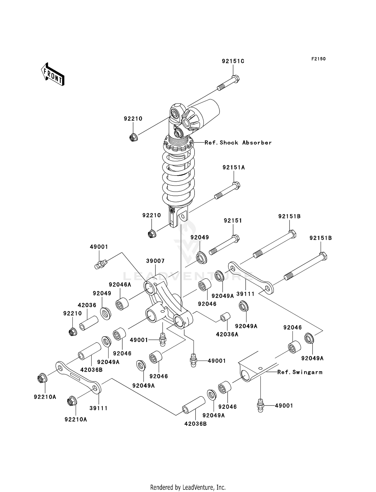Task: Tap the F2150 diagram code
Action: point(318,59)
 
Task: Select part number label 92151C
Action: point(233,61)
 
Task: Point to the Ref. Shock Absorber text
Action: point(238,143)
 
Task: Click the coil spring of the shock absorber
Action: point(178,176)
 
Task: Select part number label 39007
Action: point(155,261)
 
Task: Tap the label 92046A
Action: point(120,285)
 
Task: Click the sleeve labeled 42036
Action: point(88,323)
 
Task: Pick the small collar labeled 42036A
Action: point(225,317)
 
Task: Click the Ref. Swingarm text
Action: point(300,372)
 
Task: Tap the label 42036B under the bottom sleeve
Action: point(195,424)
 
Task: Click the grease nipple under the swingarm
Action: point(260,405)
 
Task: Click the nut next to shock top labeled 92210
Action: point(133,138)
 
